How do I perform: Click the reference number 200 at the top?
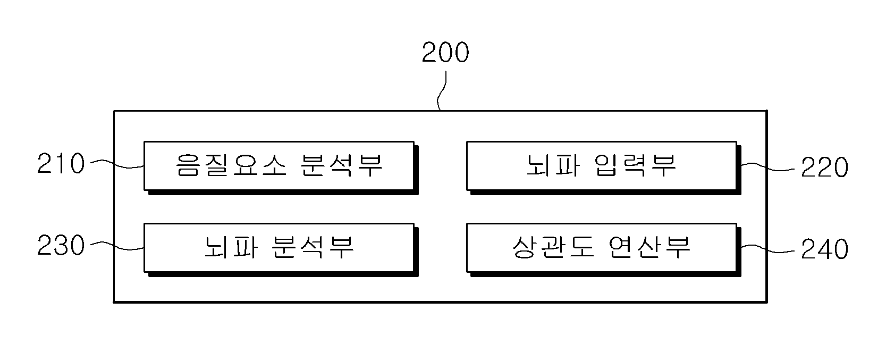click(445, 53)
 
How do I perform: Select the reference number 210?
click(61, 163)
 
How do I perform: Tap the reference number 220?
click(825, 167)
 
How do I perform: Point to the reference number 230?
click(61, 245)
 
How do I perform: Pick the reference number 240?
click(825, 249)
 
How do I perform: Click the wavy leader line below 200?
click(442, 90)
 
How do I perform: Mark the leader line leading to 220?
click(767, 168)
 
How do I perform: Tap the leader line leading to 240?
click(767, 249)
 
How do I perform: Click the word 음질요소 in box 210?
click(231, 165)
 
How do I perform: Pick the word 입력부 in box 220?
click(636, 165)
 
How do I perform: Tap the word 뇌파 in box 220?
click(554, 165)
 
